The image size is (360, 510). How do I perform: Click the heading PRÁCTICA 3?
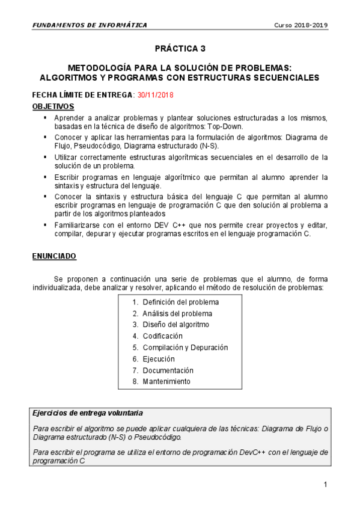click(x=180, y=49)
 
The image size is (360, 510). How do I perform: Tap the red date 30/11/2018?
click(x=154, y=95)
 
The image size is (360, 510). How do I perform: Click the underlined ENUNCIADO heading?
click(x=53, y=256)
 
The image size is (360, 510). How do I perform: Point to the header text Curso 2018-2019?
click(x=301, y=25)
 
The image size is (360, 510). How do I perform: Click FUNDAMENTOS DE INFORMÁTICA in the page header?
click(x=89, y=25)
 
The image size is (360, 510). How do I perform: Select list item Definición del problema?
click(x=180, y=302)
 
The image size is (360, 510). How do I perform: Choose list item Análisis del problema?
click(x=177, y=313)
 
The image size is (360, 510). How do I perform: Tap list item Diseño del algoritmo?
click(x=175, y=325)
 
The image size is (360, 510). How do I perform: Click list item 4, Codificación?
click(x=162, y=336)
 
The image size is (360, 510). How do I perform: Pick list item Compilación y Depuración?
click(x=185, y=348)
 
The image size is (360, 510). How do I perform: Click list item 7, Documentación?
click(x=168, y=370)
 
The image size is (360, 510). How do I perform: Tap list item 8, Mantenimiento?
click(x=166, y=382)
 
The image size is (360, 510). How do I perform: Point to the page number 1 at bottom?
click(x=325, y=484)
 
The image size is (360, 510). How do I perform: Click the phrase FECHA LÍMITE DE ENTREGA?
click(x=82, y=95)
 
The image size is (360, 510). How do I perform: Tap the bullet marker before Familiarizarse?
click(x=44, y=224)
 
